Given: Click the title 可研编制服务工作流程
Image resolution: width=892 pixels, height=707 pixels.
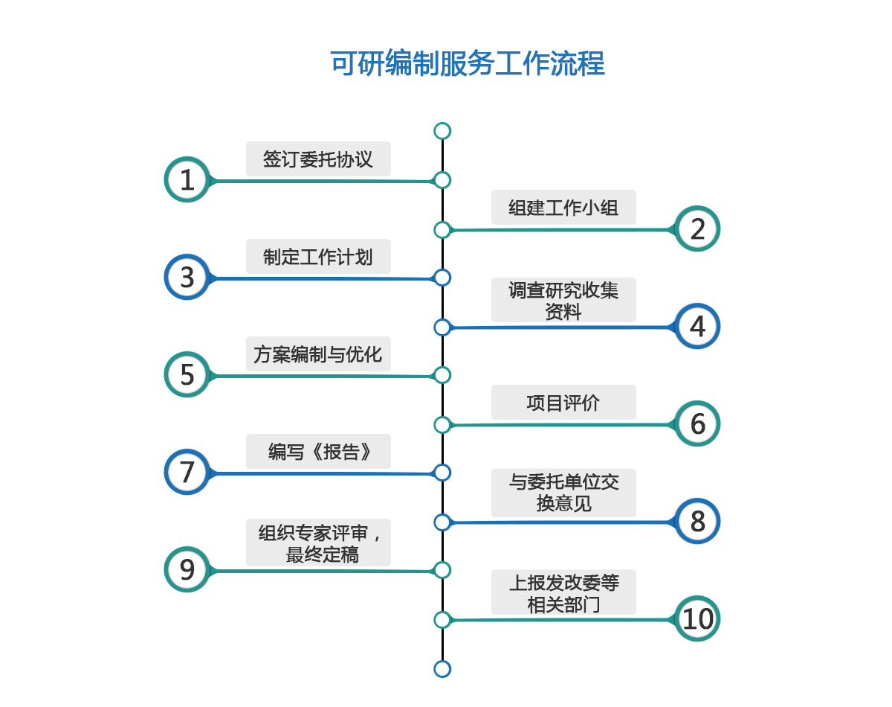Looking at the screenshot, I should pyautogui.click(x=467, y=64).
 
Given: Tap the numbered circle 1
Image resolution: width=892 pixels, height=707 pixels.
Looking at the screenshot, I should pyautogui.click(x=186, y=179).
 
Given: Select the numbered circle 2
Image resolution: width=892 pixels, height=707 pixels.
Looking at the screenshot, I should pyautogui.click(x=697, y=228).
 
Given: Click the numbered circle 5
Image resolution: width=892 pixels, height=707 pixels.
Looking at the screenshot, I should pyautogui.click(x=186, y=374).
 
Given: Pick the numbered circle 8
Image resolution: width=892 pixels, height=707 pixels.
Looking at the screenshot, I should pyautogui.click(x=697, y=521).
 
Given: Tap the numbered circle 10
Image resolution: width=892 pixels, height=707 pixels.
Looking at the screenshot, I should pyautogui.click(x=697, y=618).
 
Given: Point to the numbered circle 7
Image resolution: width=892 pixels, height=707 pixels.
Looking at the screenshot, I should pyautogui.click(x=186, y=472).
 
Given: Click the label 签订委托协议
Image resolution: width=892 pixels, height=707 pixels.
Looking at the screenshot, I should pyautogui.click(x=318, y=159).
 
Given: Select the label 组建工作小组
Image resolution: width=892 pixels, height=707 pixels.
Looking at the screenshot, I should pyautogui.click(x=563, y=208).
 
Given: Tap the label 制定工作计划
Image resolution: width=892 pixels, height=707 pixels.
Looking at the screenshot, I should pyautogui.click(x=318, y=257).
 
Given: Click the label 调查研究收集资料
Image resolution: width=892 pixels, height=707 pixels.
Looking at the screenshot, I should pyautogui.click(x=563, y=300).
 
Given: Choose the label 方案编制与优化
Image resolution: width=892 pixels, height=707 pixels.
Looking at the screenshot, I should pyautogui.click(x=318, y=354).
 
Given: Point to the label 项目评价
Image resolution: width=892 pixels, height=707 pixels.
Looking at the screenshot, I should pyautogui.click(x=563, y=403).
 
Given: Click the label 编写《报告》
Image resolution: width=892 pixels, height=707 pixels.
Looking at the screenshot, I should pyautogui.click(x=318, y=452).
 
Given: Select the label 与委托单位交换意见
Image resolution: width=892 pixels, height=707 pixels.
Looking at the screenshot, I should pyautogui.click(x=563, y=493).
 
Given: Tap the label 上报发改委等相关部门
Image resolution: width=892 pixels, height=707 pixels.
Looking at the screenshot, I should pyautogui.click(x=563, y=592).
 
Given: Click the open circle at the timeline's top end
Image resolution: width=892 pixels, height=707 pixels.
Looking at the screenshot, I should pyautogui.click(x=442, y=131).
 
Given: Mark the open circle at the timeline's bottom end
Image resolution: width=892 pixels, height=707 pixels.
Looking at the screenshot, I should pyautogui.click(x=442, y=668).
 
